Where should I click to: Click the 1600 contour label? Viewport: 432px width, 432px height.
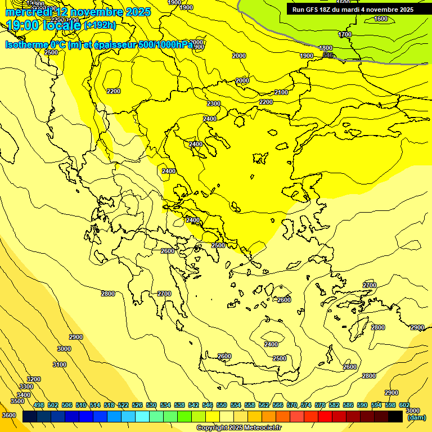coord(381,19)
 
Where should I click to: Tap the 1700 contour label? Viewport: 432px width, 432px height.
coord(345,34)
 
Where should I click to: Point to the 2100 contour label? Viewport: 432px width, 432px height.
coord(281,92)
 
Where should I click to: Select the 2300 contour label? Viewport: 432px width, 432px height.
coord(213,103)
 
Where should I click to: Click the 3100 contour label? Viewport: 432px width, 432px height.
coord(60,364)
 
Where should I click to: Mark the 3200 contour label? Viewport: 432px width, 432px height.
coord(34,379)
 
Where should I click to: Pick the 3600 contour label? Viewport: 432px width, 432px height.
coord(9,415)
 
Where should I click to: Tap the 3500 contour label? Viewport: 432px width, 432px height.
coord(17,401)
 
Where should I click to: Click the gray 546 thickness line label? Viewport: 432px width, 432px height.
coord(328,55)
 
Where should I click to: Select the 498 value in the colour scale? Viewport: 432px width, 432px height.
coord(39,405)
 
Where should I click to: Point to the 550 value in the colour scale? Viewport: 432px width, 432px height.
coord(222,405)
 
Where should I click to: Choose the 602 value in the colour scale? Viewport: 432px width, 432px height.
coord(404,405)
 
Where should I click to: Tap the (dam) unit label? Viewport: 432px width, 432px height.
coord(416,417)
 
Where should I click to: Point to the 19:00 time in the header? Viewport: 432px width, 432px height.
coord(21,25)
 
